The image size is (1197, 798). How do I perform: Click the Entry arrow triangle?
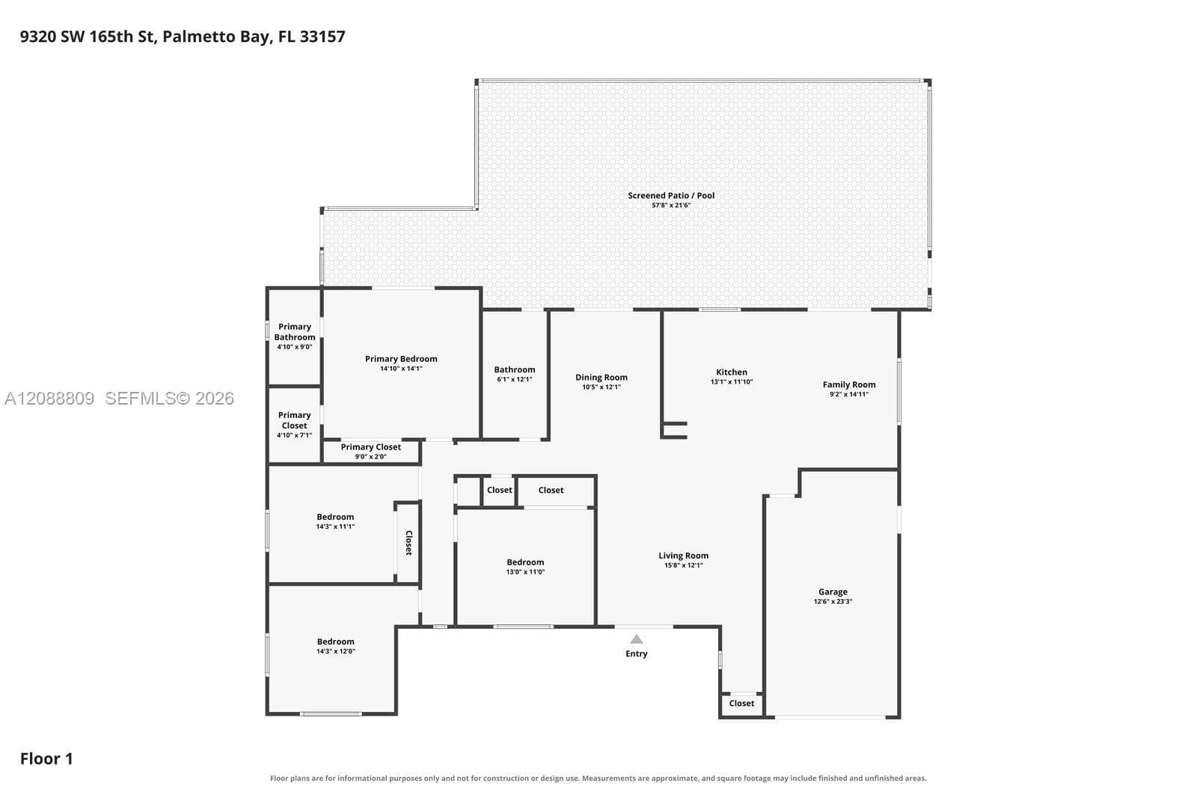(x=636, y=639)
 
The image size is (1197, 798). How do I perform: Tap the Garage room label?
(x=833, y=592)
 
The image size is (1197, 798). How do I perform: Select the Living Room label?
(x=684, y=556)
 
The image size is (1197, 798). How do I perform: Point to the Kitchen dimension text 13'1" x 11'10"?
(x=732, y=382)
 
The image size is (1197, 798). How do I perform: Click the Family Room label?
(x=848, y=384)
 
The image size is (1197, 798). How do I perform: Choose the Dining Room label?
(x=601, y=377)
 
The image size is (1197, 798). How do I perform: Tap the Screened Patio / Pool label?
(x=671, y=195)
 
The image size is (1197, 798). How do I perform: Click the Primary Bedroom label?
(x=401, y=359)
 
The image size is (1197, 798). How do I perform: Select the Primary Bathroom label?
(x=295, y=332)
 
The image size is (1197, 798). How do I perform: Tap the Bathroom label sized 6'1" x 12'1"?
(x=515, y=369)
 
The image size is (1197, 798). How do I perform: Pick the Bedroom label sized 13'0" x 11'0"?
(x=525, y=562)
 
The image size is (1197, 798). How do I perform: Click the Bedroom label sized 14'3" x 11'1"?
(x=335, y=517)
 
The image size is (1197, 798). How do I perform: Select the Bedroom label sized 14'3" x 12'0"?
(x=335, y=642)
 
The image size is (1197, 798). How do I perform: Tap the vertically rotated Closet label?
(x=408, y=543)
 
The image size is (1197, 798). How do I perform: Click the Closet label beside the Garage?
(x=741, y=704)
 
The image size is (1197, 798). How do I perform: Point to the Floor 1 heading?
(x=46, y=758)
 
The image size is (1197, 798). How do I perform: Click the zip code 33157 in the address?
(x=322, y=37)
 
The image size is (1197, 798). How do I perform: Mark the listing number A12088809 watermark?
(x=49, y=398)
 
